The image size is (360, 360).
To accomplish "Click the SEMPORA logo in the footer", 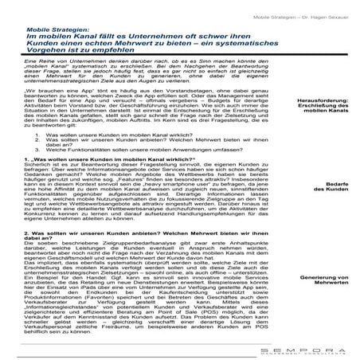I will point(311,349).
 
